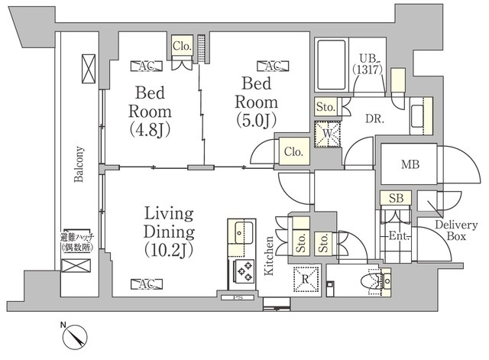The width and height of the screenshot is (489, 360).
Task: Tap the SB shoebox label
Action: (396, 198)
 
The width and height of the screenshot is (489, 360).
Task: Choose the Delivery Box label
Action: (456, 230)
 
